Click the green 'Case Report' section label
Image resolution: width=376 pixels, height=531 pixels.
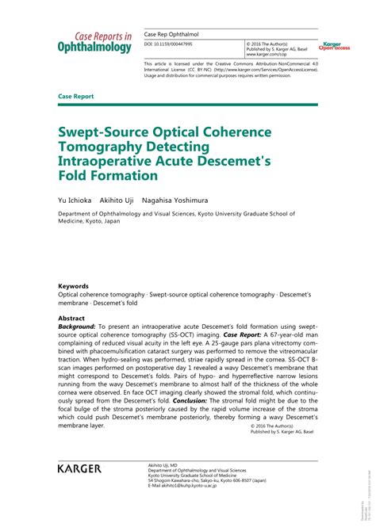76,97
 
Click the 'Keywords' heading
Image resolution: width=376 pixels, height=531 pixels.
73,286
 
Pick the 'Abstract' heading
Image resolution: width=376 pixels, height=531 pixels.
72,319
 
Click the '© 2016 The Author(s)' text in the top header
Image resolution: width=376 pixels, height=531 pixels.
267,44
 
